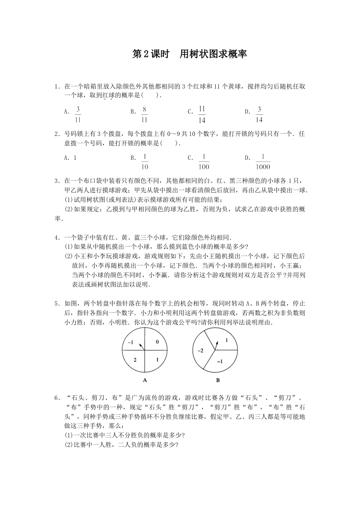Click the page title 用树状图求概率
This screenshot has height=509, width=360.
coord(190,54)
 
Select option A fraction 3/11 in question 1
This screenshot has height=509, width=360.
coord(78,114)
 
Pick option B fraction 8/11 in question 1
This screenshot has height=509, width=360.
coord(144,114)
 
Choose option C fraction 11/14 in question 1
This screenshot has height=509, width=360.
coord(202,114)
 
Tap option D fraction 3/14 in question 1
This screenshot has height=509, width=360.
coord(259,114)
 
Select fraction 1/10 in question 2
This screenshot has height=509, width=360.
coord(145,162)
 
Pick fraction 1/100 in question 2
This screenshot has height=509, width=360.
coord(203,162)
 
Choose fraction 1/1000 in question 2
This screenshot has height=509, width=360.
coord(263,162)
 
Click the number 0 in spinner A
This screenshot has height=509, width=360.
coord(157,343)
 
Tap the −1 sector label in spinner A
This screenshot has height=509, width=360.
coord(131,342)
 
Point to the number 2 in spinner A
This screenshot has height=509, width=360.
coord(135,359)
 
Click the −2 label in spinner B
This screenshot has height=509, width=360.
coord(200,351)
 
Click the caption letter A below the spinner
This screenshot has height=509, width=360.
coord(145,380)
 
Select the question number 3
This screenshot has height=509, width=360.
coord(56,181)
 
